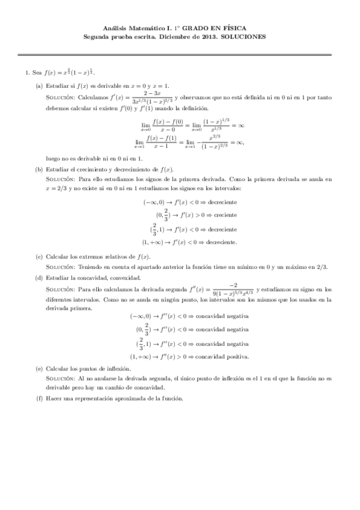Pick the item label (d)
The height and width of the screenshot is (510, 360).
39,278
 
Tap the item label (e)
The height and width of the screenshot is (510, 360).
39,368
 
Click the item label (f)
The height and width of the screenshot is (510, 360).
39,399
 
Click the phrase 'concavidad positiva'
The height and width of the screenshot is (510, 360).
222,356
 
